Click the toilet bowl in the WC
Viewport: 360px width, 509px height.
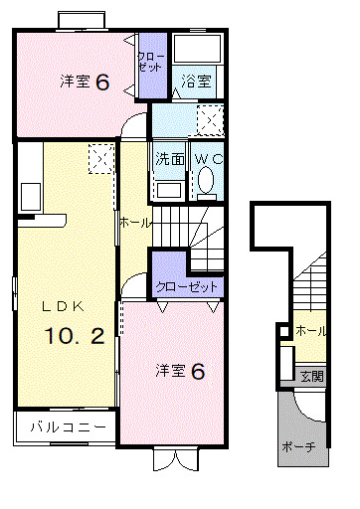(206, 179)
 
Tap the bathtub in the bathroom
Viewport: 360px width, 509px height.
(197, 48)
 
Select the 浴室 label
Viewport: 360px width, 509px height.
(196, 82)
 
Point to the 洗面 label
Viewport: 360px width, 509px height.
(170, 159)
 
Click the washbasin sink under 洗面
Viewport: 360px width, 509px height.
(169, 191)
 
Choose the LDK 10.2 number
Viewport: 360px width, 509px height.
(75, 335)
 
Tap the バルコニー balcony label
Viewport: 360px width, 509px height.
(69, 426)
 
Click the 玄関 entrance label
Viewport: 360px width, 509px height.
(311, 376)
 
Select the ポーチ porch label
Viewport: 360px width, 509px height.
(298, 447)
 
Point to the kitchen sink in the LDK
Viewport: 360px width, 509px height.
(31, 197)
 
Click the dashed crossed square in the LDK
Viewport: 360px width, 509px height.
(101, 158)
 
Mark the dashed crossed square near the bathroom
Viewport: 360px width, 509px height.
(210, 120)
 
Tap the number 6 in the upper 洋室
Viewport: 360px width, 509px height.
(102, 82)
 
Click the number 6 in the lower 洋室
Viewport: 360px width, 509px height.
(198, 371)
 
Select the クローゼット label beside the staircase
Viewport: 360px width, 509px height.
(186, 286)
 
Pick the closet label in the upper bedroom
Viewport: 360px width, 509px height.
(150, 62)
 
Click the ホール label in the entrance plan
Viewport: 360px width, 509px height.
(310, 331)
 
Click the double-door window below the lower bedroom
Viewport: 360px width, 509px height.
(176, 459)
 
